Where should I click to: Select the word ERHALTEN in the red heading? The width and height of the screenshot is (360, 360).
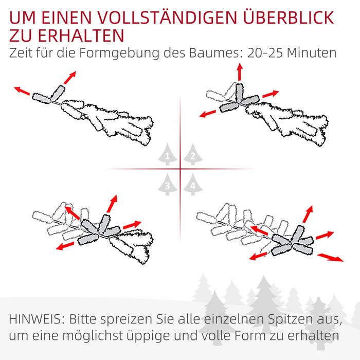(81, 35)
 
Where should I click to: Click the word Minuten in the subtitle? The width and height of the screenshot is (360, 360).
(312, 53)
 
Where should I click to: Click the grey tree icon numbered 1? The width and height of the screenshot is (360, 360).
(167, 154)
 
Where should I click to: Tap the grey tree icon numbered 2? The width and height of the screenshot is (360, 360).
(193, 154)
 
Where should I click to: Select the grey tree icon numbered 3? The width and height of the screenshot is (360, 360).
(167, 184)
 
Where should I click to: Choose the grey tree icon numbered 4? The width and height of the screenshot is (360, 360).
(193, 184)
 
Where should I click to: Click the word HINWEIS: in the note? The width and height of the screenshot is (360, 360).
(37, 319)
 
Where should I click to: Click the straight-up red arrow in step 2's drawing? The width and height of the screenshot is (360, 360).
(240, 72)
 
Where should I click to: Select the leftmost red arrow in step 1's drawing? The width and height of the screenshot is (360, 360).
(22, 91)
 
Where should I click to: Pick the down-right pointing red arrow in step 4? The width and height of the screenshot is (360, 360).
(330, 257)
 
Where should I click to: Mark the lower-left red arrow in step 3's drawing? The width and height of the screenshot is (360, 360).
(65, 246)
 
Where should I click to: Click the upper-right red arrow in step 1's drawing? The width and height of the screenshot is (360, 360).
(70, 78)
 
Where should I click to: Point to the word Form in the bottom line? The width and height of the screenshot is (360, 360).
(250, 335)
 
